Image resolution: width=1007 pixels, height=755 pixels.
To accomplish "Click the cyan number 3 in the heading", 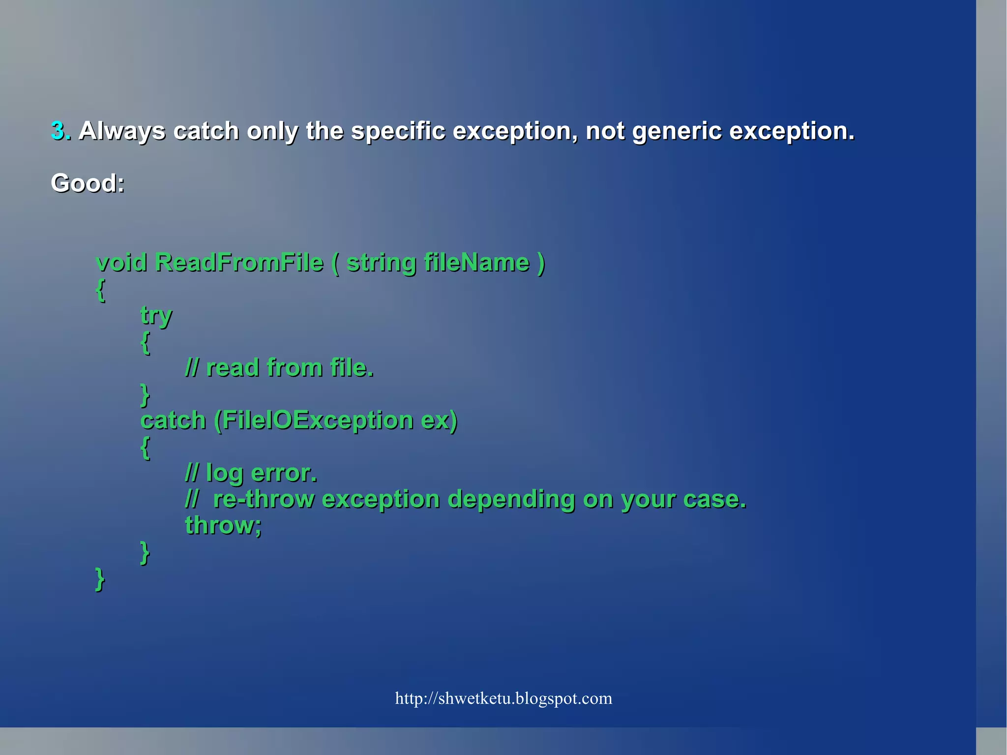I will click(x=58, y=131).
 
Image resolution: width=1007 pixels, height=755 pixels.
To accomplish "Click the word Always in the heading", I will click(x=122, y=131).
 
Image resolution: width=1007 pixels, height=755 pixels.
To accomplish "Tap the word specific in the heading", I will click(x=398, y=131).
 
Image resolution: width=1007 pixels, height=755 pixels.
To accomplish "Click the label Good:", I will click(x=88, y=183).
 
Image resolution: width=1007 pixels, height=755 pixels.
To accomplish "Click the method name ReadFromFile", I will click(x=239, y=262).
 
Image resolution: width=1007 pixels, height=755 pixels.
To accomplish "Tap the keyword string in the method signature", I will click(x=381, y=263).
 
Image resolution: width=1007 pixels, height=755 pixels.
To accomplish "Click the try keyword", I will click(x=156, y=315).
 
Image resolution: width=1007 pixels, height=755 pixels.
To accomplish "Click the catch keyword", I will click(x=173, y=421).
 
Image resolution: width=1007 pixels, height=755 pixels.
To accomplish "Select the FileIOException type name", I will click(x=318, y=421).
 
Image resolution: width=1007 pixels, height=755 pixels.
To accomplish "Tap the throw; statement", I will click(x=223, y=525).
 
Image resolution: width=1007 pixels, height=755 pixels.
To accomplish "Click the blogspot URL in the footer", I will click(x=503, y=698).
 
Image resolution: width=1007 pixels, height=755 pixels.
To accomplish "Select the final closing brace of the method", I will click(x=100, y=579).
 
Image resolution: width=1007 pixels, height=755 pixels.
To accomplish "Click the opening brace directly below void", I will click(x=100, y=290).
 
